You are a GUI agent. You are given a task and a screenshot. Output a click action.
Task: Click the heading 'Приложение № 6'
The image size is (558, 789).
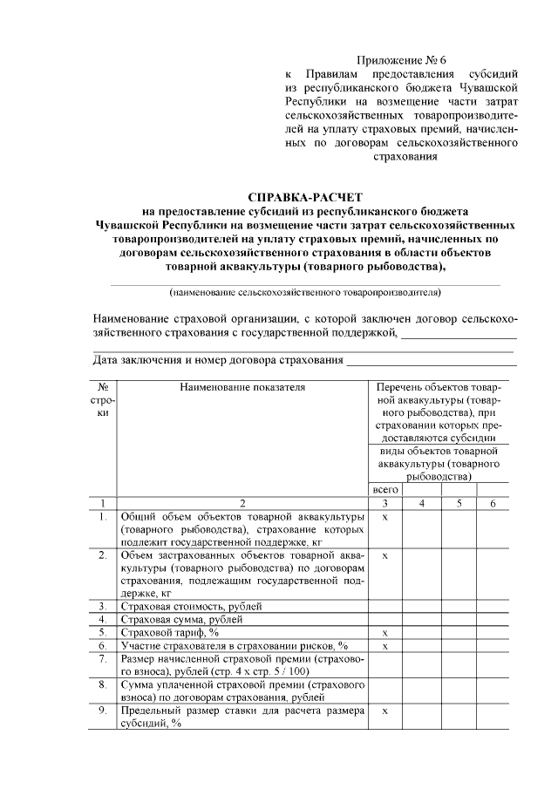(x=401, y=60)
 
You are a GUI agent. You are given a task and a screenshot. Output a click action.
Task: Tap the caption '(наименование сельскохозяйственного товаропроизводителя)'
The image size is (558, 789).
(x=304, y=292)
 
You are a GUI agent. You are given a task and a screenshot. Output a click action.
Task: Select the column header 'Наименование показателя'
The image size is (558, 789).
(x=242, y=386)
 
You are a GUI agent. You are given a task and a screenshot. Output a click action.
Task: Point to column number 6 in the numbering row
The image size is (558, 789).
(x=493, y=503)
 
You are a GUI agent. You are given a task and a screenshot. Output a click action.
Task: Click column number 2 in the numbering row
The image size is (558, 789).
(x=242, y=503)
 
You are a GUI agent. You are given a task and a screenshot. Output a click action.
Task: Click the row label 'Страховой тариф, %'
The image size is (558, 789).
(x=169, y=632)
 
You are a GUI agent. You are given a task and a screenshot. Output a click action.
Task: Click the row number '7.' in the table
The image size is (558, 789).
(x=103, y=659)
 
